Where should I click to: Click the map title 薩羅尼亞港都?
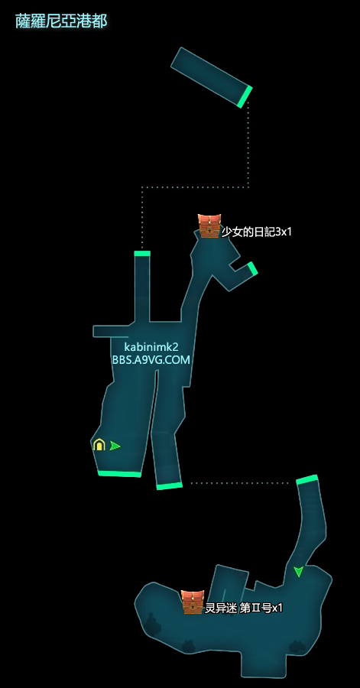61,21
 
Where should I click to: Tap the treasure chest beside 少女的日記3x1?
209,226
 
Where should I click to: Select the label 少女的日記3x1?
257,232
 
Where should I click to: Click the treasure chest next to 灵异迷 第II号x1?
193,602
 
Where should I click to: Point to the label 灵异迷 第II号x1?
244,608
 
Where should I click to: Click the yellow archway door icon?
99,444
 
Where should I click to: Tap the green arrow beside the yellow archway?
115,446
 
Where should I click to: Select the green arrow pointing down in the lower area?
299,571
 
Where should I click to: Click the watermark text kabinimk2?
151,347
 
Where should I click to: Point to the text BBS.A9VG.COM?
151,360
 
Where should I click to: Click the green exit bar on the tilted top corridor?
245,97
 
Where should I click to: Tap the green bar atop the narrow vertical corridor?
142,253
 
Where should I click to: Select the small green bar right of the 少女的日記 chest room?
252,268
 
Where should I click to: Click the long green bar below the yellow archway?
119,473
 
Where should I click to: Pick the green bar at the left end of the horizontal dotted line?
169,485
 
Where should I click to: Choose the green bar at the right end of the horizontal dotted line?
307,479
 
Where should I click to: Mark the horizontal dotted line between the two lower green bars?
239,483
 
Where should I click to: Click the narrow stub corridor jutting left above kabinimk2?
111,331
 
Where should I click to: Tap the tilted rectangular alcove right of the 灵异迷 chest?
228,583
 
